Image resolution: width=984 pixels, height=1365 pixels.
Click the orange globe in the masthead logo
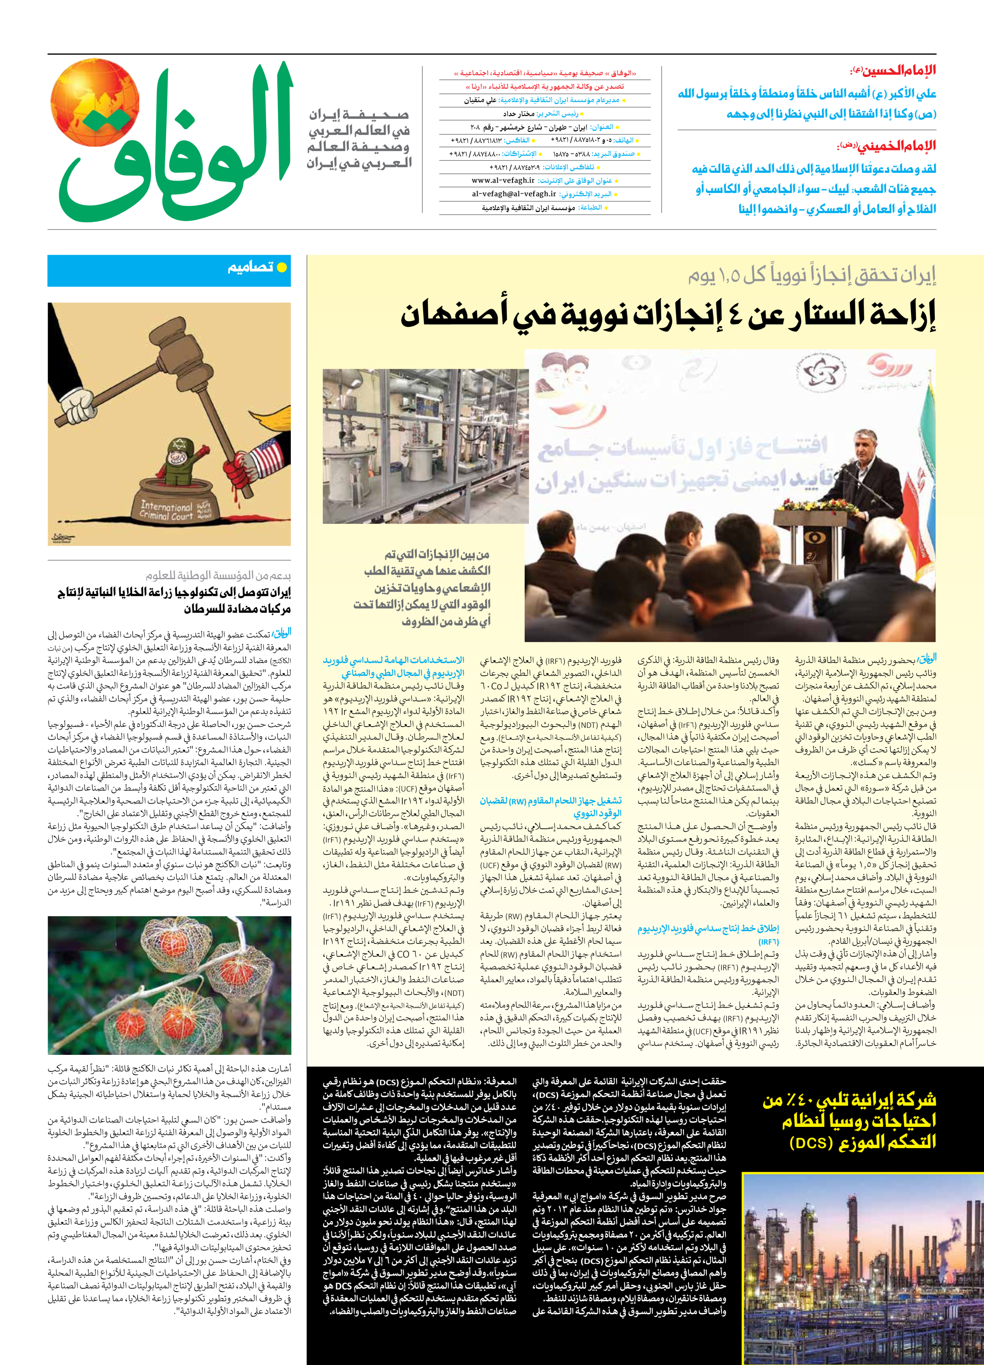coord(94,103)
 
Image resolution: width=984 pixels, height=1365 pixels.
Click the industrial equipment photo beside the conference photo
coord(425,446)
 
